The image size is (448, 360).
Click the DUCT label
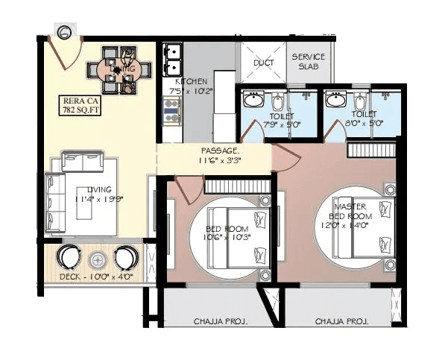pos(263,63)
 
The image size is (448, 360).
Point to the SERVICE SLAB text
pos(307,61)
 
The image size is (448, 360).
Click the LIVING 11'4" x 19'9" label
pos(99,194)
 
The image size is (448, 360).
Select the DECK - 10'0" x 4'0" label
pos(96,277)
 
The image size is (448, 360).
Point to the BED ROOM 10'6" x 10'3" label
pos(227,233)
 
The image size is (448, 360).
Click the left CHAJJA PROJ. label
pos(221,321)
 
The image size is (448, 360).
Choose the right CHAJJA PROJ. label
pos(342,321)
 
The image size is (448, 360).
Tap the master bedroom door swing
pos(287,157)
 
